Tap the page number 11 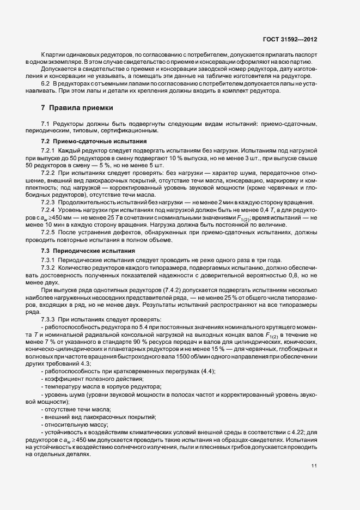(x=315, y=466)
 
